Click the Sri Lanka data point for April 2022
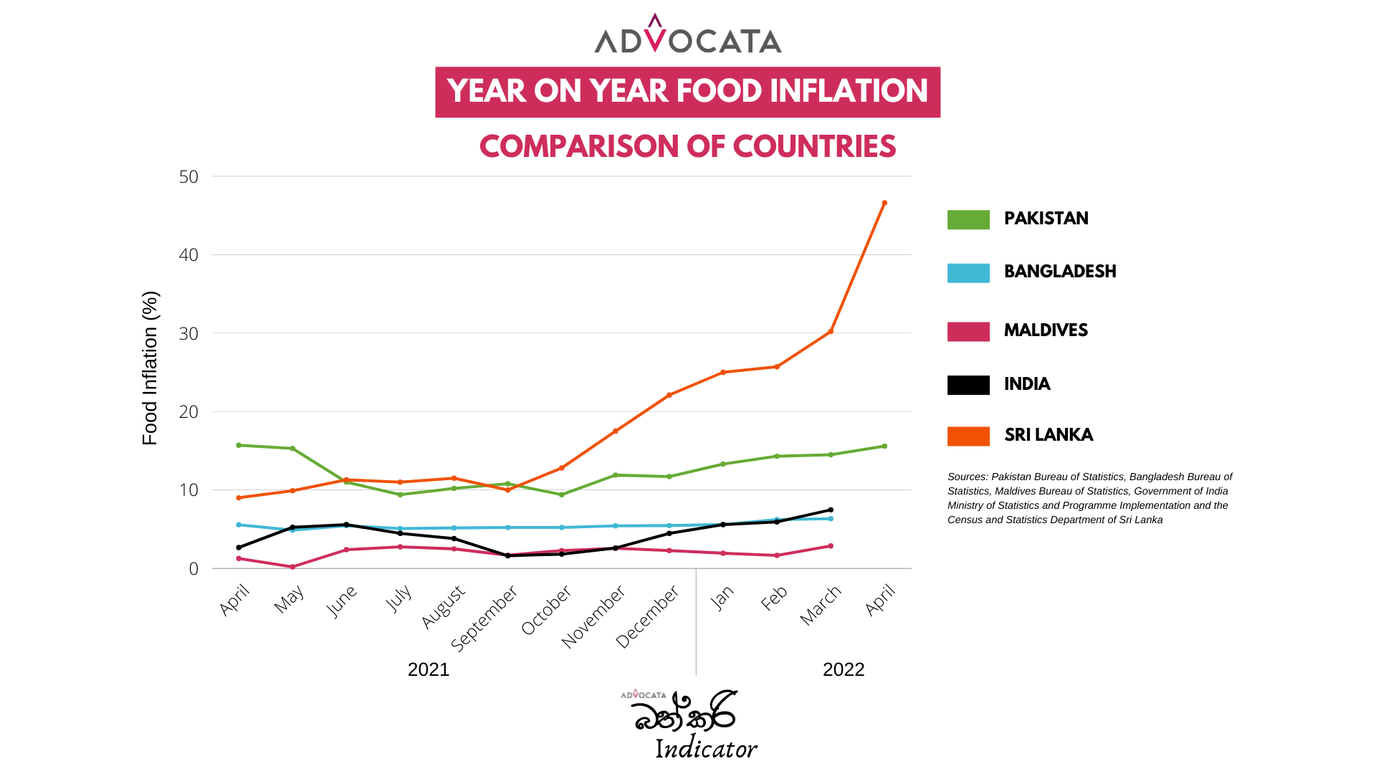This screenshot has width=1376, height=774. [x=884, y=204]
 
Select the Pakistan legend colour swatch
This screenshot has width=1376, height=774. [x=968, y=219]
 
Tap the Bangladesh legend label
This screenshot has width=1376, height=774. [x=1060, y=272]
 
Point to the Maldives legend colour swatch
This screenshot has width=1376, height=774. [x=968, y=331]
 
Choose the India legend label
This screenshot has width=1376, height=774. [x=1027, y=384]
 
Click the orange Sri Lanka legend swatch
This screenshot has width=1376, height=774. [x=968, y=436]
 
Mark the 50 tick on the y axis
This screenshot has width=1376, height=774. [x=189, y=177]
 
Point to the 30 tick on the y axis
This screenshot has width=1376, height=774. [x=189, y=334]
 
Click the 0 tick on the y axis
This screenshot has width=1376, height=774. [x=193, y=569]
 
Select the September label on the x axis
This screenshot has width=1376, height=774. [x=484, y=618]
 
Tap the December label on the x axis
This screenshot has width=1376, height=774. [x=648, y=616]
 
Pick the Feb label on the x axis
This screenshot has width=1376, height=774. [x=775, y=598]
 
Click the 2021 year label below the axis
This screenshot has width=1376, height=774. [x=429, y=669]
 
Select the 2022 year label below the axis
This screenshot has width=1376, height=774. [x=844, y=669]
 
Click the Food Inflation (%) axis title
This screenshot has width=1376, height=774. [x=150, y=368]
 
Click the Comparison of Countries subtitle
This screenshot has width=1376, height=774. [x=688, y=147]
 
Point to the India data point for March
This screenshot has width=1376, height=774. [x=831, y=510]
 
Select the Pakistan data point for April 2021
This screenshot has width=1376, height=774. [x=239, y=446]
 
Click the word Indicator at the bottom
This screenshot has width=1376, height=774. [x=706, y=749]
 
